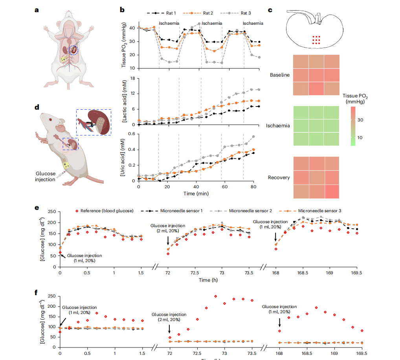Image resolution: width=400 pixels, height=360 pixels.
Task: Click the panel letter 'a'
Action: [37, 10]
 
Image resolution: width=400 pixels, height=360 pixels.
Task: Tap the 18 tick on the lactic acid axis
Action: [132, 78]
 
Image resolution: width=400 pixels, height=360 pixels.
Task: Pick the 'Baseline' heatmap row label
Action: [280, 74]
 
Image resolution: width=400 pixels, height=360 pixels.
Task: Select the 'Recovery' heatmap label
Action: [279, 178]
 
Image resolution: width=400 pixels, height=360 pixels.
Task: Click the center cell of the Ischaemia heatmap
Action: [316, 126]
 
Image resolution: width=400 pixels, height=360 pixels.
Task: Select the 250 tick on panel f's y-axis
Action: [51, 296]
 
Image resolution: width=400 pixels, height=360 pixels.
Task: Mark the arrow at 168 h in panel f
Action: [279, 322]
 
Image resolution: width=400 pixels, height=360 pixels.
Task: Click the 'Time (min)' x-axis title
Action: [196, 193]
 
